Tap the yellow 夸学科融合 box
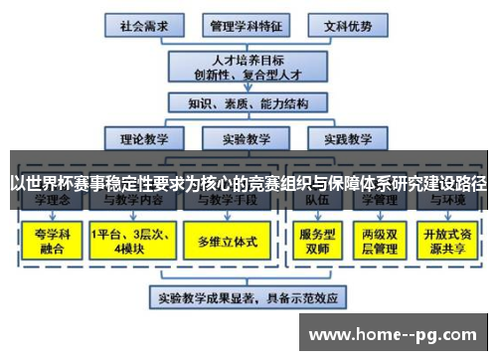tap(48, 240)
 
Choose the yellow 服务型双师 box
tap(315, 240)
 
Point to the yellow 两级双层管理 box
tap(381, 240)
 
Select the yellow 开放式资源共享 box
tap(447, 240)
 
